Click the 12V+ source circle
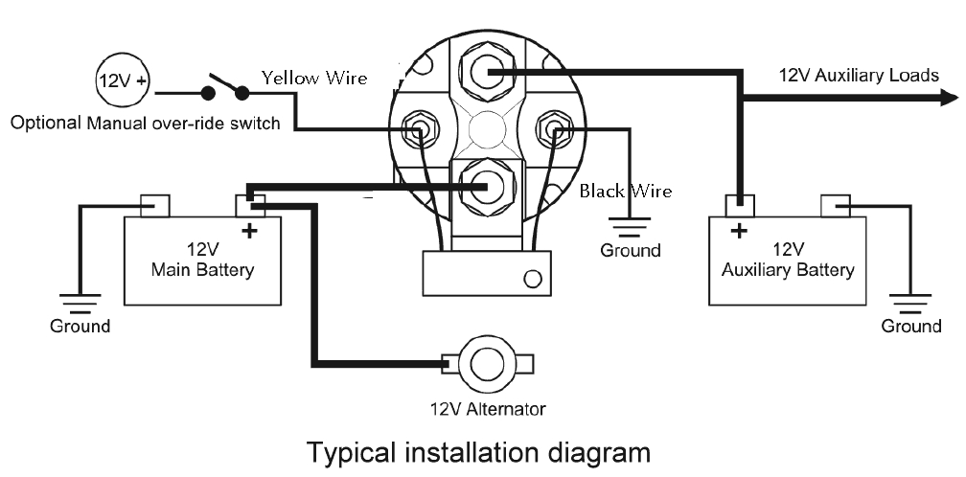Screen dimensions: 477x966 click(122, 81)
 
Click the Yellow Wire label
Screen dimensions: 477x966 click(314, 79)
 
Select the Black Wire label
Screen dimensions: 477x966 click(625, 191)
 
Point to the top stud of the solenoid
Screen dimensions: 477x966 click(488, 72)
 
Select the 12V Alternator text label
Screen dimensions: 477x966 click(487, 409)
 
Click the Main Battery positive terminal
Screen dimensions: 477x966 click(250, 205)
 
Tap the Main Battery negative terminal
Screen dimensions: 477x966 click(155, 205)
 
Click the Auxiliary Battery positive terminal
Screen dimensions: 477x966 click(739, 205)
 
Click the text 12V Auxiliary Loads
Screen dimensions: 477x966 click(859, 75)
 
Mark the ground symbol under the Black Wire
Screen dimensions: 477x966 click(629, 228)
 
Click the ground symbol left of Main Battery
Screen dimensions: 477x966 click(80, 303)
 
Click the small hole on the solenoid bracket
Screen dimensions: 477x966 click(533, 279)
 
